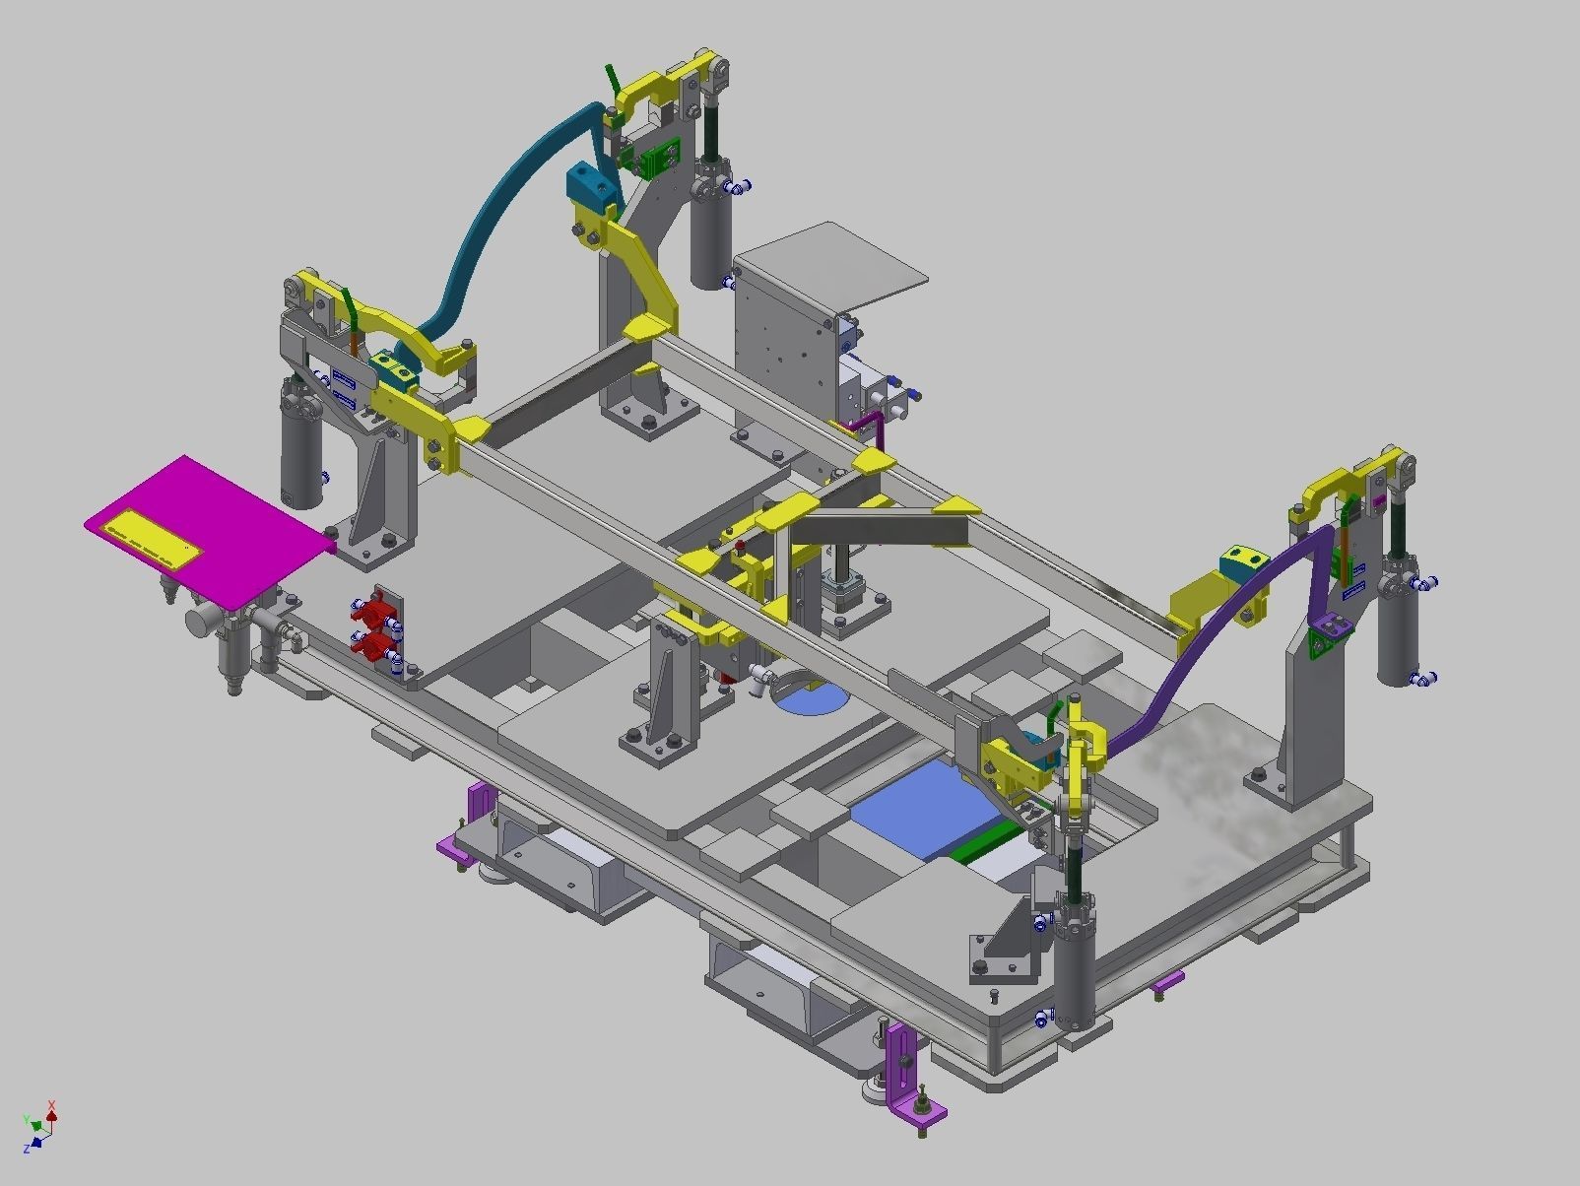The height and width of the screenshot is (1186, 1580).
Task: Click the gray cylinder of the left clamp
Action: click(301, 453)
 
